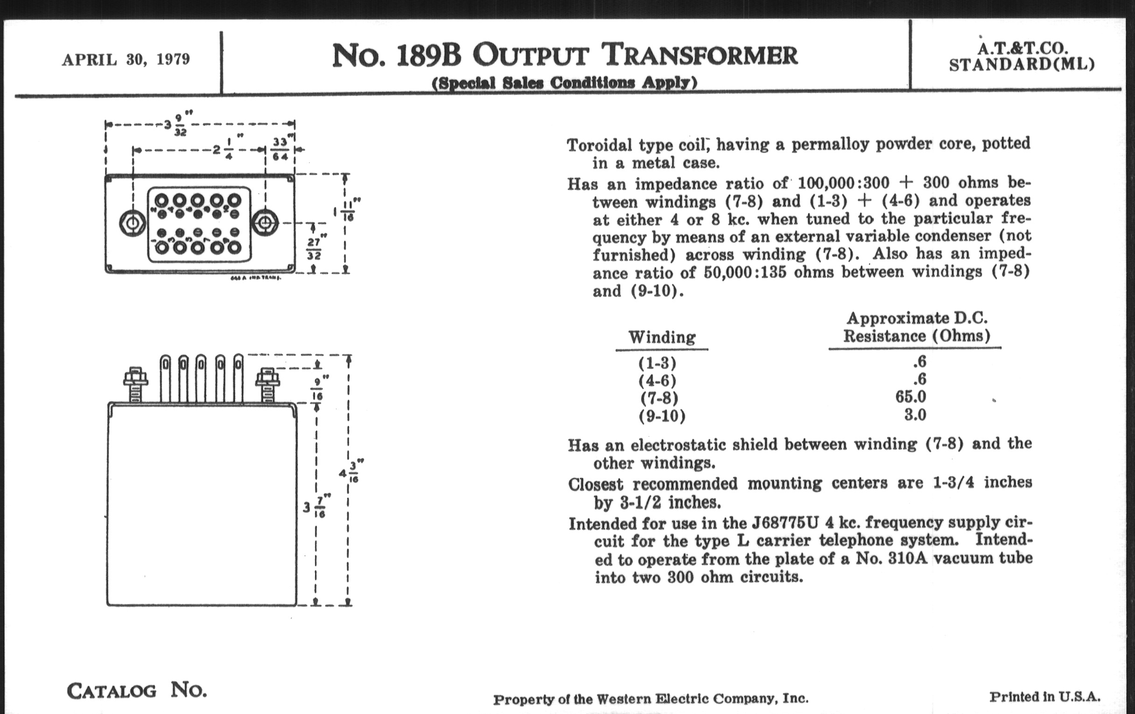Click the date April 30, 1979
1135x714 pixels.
tap(126, 60)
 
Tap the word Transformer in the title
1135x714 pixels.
tap(701, 55)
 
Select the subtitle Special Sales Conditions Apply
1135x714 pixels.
tap(564, 83)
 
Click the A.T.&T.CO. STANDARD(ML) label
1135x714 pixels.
tap(1022, 56)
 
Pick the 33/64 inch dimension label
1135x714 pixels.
tap(280, 149)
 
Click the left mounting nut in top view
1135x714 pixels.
tap(132, 222)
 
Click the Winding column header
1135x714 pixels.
tap(662, 337)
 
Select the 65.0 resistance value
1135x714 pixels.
tap(911, 397)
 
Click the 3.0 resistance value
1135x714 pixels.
tap(915, 415)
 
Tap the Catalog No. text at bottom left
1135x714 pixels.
tap(137, 691)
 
